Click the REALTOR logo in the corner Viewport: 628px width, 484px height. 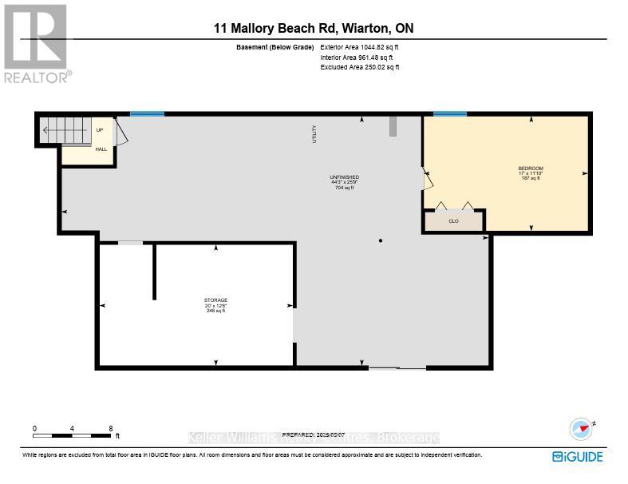[x=36, y=43]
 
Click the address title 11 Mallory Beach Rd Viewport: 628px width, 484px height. [x=313, y=29]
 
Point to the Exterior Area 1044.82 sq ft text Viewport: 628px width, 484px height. [x=359, y=48]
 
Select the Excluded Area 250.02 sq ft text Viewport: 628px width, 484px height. [x=359, y=67]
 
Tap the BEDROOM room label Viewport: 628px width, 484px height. [x=530, y=169]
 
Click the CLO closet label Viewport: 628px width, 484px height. [x=453, y=221]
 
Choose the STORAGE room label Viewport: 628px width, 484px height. [x=215, y=300]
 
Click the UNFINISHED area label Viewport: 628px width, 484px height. [x=344, y=177]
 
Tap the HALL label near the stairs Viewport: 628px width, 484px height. [x=101, y=149]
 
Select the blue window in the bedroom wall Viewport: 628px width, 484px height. [x=449, y=114]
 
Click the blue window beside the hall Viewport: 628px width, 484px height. [x=147, y=114]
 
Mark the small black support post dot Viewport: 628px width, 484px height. [x=381, y=240]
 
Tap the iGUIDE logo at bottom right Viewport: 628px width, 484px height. [x=577, y=456]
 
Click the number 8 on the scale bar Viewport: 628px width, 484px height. [x=111, y=429]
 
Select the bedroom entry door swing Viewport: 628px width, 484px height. [x=429, y=179]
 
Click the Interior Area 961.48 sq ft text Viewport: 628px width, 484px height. [x=359, y=58]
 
